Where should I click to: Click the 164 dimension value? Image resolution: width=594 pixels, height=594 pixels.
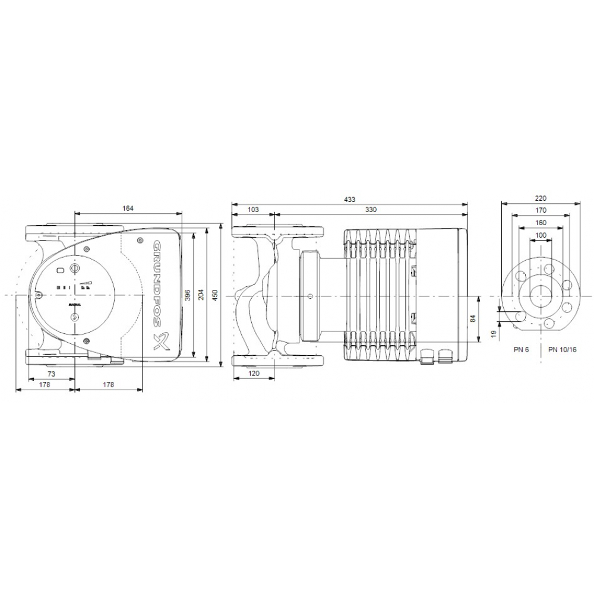[x=128, y=208]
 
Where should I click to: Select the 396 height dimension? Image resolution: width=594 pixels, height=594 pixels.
[x=188, y=295]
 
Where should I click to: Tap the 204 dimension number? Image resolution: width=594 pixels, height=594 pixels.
[x=201, y=295]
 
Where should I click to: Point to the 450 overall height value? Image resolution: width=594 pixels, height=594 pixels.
[x=215, y=295]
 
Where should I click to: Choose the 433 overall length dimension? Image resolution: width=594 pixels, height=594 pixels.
[x=350, y=200]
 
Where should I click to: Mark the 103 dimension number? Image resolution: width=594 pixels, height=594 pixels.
[x=254, y=209]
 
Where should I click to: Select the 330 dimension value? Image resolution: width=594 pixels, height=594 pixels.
[x=371, y=209]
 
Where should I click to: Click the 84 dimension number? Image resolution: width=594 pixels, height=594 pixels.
[x=473, y=319]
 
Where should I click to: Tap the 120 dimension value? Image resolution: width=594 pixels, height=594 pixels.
[x=254, y=374]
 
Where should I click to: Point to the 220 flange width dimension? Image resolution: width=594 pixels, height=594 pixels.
[x=540, y=198]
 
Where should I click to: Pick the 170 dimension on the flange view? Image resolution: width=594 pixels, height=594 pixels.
[x=540, y=210]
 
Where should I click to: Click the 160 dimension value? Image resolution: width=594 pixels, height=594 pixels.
[x=540, y=223]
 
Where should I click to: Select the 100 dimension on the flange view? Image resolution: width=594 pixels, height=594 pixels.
[x=540, y=235]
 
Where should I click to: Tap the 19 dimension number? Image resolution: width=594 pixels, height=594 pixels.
[x=493, y=334]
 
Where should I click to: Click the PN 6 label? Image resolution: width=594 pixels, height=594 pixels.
[x=522, y=350]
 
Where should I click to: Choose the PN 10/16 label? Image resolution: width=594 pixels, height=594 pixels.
[x=562, y=350]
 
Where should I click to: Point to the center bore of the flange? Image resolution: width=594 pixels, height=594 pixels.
[x=541, y=295]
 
